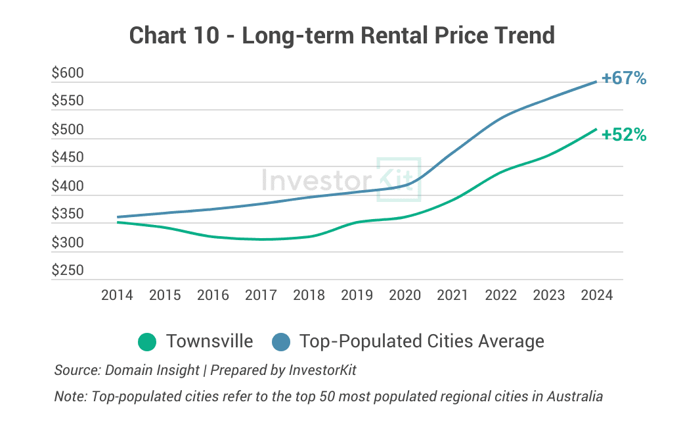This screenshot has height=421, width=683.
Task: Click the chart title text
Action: pyautogui.click(x=341, y=34)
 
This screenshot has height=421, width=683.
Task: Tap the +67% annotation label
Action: pyautogui.click(x=624, y=78)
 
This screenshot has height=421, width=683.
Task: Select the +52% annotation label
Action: pyautogui.click(x=624, y=135)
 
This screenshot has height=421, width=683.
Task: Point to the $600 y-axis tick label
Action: pyautogui.click(x=68, y=74)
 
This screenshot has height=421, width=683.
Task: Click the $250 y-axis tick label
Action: pyautogui.click(x=68, y=271)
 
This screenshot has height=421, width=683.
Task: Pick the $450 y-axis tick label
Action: pyautogui.click(x=68, y=158)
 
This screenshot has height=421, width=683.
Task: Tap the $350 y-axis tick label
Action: pyautogui.click(x=68, y=214)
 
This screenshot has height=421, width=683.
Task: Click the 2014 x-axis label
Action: pyautogui.click(x=117, y=295)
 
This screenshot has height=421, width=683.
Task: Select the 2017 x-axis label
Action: pyautogui.click(x=261, y=295)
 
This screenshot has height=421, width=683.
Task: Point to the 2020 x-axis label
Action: pyautogui.click(x=405, y=295)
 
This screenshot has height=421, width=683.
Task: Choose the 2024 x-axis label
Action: pyautogui.click(x=596, y=295)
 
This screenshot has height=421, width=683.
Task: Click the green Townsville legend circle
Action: pyautogui.click(x=147, y=342)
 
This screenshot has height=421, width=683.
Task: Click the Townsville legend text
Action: pyautogui.click(x=209, y=341)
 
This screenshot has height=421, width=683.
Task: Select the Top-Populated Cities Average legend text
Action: pyautogui.click(x=422, y=341)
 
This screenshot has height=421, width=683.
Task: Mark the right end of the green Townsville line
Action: pyautogui.click(x=596, y=129)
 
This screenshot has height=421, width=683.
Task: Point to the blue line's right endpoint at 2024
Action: pyautogui.click(x=596, y=82)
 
